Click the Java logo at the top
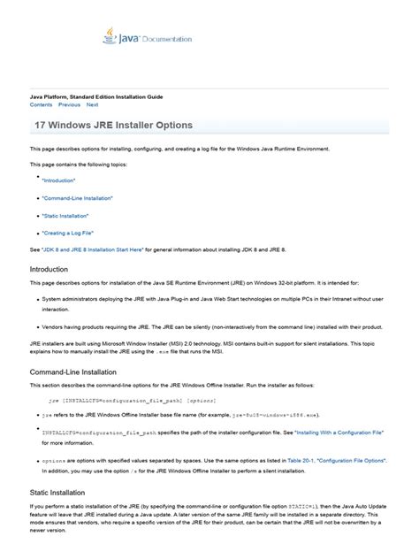coord(109,38)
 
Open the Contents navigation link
coord(41,104)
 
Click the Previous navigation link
coord(69,104)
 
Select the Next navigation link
coord(93,104)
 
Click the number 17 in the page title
coord(40,126)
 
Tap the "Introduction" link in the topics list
coord(57,180)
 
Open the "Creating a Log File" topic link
coord(67,234)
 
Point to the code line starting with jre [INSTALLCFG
coord(133,400)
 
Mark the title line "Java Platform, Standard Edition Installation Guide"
coord(96,96)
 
